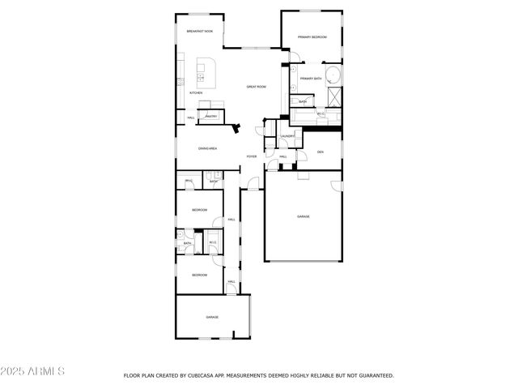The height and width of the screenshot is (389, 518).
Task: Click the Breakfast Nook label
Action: (199, 32)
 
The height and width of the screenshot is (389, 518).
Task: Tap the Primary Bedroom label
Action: (312, 37)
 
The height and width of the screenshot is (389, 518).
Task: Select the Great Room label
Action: (257, 87)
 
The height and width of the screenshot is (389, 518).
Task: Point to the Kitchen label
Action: (196, 93)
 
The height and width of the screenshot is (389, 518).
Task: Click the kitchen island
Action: (206, 74)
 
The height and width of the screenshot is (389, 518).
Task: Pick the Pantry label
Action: (210, 117)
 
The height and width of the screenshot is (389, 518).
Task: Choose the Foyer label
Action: (252, 156)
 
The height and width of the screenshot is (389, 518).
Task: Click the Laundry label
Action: (287, 136)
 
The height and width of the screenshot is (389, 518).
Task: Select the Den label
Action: (321, 152)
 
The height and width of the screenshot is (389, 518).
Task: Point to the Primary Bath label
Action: (312, 79)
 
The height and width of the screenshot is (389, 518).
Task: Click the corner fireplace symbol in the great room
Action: (235, 127)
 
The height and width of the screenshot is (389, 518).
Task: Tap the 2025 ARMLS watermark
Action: (32, 371)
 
